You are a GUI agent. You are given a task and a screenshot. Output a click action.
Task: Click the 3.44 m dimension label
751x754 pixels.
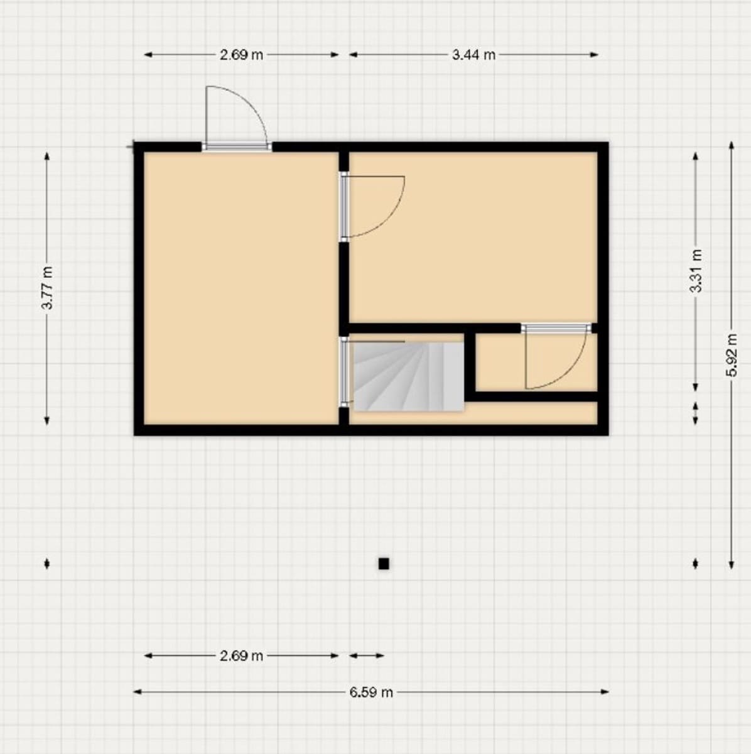(473, 55)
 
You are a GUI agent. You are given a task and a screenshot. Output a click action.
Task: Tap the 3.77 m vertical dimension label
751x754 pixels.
(47, 288)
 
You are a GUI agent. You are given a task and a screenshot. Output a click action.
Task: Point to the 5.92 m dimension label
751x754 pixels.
(731, 355)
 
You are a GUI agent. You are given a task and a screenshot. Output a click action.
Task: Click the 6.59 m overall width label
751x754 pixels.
(371, 692)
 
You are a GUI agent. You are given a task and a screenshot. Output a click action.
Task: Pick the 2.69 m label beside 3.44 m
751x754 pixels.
(241, 55)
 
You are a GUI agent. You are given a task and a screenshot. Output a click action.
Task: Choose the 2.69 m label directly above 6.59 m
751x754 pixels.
(241, 656)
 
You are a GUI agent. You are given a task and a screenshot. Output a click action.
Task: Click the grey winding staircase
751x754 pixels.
(408, 376)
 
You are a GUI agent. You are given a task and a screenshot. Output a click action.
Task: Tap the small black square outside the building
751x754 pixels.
(384, 564)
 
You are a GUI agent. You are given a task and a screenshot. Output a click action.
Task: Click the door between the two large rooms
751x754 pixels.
(370, 206)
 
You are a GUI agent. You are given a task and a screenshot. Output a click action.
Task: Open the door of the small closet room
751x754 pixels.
(556, 358)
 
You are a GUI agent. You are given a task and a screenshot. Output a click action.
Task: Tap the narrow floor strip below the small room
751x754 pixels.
(534, 413)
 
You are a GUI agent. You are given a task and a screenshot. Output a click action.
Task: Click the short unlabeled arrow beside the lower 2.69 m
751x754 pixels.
(366, 656)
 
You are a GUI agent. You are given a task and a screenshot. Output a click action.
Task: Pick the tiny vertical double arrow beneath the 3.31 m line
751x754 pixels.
(695, 413)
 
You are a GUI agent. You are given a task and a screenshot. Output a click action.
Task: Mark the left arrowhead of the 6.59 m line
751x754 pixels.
(136, 692)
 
